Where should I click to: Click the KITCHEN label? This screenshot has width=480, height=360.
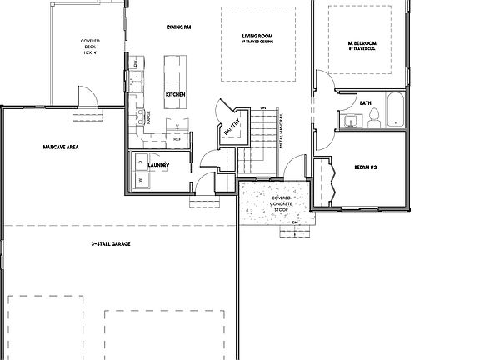coord(175,95)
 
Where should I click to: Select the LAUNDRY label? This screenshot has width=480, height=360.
coord(159,165)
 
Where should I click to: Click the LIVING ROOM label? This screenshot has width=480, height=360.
coord(258,38)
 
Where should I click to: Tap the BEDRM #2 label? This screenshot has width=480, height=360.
coord(367,167)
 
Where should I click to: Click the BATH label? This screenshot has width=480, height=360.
coord(365,103)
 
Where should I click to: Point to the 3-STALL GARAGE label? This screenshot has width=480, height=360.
coord(115,243)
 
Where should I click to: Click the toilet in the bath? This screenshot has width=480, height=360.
coord(374,117)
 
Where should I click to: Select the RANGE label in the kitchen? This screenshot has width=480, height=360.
coord(149,117)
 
